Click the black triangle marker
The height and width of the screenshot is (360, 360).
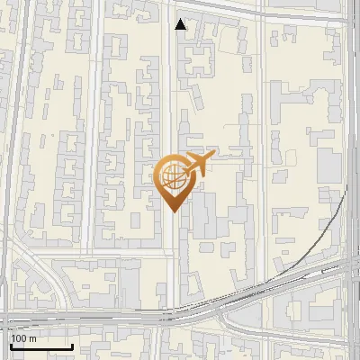point(181,24)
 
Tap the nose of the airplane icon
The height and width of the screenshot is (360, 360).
point(214,155)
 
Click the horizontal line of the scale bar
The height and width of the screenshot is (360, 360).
point(41,346)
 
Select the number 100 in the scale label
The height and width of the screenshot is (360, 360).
point(18,338)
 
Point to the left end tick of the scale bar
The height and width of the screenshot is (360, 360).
point(11,345)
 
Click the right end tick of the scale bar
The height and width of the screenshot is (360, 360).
point(72,345)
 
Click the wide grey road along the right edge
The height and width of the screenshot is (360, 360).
point(350,135)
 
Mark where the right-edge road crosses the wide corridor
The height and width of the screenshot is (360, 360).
point(350,270)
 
